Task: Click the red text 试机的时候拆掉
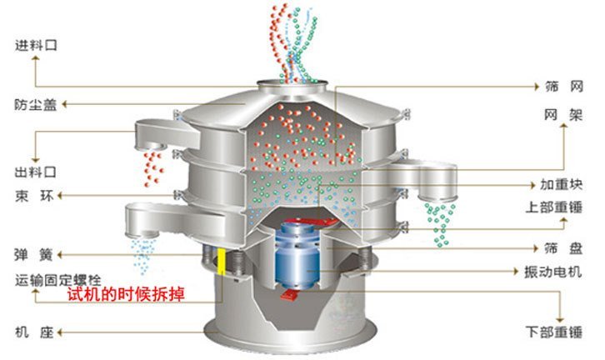tap(127, 295)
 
